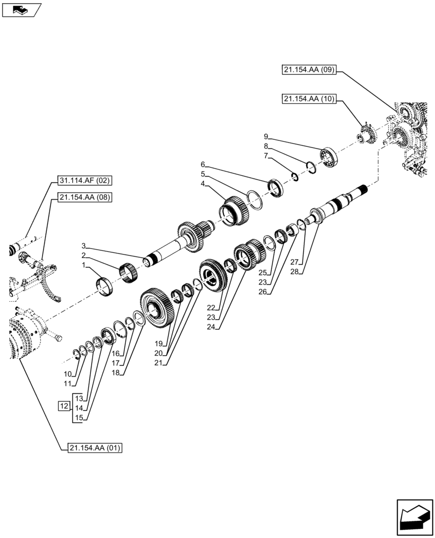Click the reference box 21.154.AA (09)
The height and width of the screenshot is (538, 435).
[x=309, y=69]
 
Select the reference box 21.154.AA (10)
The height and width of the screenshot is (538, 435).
[x=309, y=98]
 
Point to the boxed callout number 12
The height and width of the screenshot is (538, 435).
[x=64, y=405]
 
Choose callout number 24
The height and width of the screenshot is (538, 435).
[x=217, y=327]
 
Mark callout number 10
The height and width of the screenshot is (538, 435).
[x=67, y=374]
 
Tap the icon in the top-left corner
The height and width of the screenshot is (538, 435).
[x=22, y=9]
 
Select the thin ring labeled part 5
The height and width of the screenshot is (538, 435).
[x=255, y=200]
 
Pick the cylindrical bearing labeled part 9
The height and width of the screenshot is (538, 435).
[x=328, y=156]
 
